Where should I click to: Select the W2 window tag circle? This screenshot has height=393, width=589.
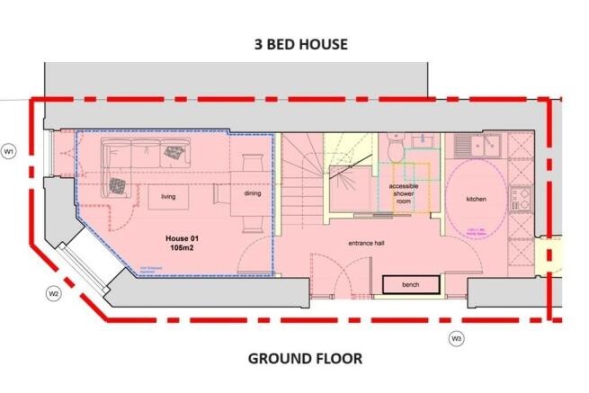click(53, 293)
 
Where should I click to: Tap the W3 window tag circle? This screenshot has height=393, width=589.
click(456, 338)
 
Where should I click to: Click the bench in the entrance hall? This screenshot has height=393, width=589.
click(411, 284)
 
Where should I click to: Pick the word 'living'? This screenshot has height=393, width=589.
click(168, 196)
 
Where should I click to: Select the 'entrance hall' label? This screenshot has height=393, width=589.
click(367, 243)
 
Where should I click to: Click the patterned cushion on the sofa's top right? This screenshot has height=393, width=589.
click(174, 154)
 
